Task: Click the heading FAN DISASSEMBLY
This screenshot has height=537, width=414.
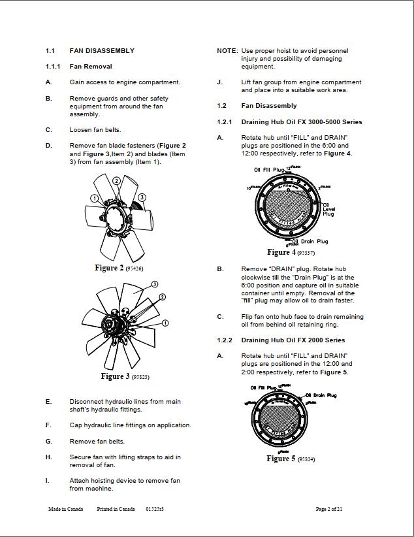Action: pos(102,50)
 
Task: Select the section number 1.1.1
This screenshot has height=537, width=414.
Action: pos(53,66)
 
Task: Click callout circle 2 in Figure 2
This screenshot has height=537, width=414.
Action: pos(116,181)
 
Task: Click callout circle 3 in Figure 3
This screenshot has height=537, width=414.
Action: pos(155,284)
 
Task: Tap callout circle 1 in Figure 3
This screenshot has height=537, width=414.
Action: pos(165,323)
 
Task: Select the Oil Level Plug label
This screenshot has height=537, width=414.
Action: pos(328,210)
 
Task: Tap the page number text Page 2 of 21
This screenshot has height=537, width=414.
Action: pos(329,509)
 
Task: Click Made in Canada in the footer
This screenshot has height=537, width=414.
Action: pos(65,509)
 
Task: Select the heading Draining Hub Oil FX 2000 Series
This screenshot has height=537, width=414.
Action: pos(293,340)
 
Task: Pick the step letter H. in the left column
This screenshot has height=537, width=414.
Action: pos(48,457)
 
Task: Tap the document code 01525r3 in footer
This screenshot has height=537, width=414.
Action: pos(155,509)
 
